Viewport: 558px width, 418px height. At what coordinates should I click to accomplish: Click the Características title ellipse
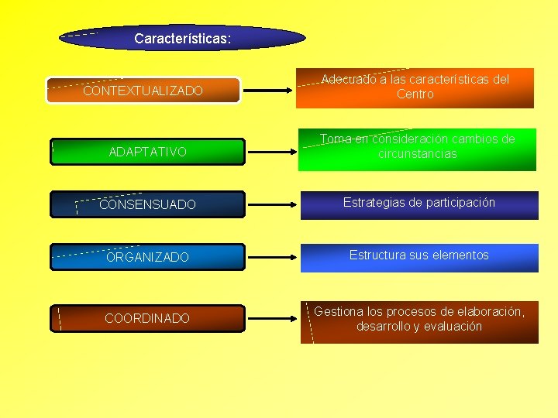point(182,37)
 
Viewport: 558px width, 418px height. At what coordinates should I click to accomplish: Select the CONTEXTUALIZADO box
point(143,91)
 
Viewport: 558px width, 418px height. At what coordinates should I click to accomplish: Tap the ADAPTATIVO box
point(147,152)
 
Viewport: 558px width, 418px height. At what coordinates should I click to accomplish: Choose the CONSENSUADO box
point(147,204)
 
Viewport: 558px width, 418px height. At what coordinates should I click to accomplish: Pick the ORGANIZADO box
point(147,257)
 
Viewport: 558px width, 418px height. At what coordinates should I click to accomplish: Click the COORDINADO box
point(147,318)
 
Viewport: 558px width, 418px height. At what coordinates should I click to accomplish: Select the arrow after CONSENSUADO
point(271,205)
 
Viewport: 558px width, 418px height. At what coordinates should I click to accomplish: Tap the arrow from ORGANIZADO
point(271,257)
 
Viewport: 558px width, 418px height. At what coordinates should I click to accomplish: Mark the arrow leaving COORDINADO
point(271,318)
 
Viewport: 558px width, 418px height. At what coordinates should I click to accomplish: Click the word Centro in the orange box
point(415,94)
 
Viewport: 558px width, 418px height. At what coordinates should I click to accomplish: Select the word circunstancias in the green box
point(418,154)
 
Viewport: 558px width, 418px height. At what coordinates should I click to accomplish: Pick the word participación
point(456,203)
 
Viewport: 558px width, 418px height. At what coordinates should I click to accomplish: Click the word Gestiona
point(339,311)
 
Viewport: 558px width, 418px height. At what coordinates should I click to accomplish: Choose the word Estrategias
point(375,203)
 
